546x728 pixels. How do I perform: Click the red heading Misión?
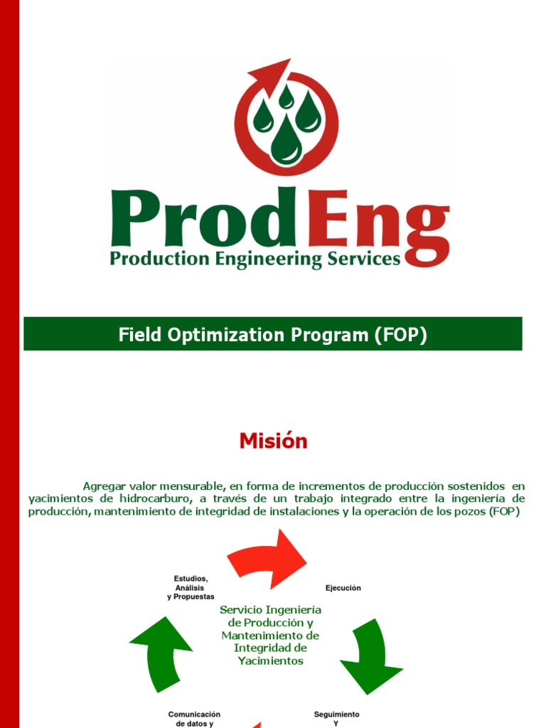coord(273,441)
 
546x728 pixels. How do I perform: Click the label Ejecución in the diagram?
coord(343,588)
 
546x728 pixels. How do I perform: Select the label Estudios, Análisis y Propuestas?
coord(190,588)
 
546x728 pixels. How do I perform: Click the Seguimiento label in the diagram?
coord(337,714)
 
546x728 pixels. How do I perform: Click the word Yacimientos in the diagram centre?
coord(270,661)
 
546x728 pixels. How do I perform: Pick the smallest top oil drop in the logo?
coord(286,97)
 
